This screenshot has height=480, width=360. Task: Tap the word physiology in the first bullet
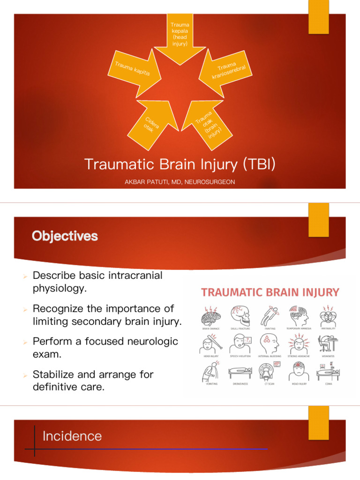click(60, 288)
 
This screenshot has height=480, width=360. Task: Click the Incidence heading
click(72, 436)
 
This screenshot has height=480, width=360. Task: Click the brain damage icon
click(210, 315)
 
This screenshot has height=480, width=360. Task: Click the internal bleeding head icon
click(269, 344)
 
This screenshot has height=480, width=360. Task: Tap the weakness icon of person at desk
click(328, 344)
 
